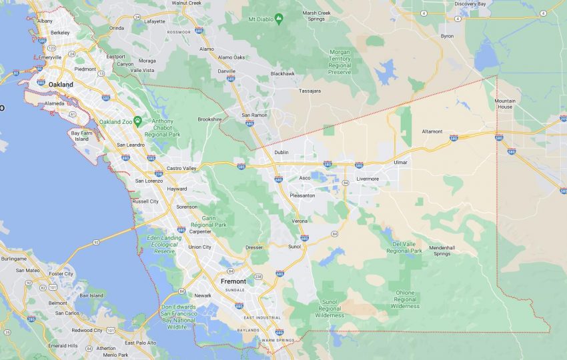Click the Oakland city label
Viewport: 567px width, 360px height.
pos(61,85)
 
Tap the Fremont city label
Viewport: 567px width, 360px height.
pos(233,281)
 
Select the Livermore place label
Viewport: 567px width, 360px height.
pos(367,179)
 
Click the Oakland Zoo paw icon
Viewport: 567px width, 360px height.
pos(137,121)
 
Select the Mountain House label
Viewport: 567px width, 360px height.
pos(504,103)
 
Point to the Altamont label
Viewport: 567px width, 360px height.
pos(432,131)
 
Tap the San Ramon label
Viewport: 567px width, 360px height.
pos(254,115)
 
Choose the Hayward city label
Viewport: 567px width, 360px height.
pos(177,189)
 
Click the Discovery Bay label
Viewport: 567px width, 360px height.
pos(474,4)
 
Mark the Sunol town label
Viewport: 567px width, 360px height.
pos(294,247)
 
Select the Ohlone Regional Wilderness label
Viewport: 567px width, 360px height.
pos(404,299)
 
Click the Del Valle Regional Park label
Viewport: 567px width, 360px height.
pos(404,247)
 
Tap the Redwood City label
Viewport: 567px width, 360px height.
pos(87,330)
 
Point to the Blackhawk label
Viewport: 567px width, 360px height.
pos(282,73)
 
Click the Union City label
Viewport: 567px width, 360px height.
pos(199,247)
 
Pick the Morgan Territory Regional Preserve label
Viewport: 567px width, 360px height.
pos(349,61)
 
